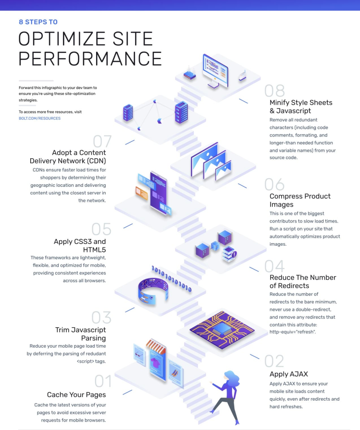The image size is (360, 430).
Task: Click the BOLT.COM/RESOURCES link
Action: (39, 118)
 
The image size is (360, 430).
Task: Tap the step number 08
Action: (274, 91)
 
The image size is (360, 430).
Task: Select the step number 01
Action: (103, 381)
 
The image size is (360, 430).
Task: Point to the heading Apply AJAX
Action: (289, 374)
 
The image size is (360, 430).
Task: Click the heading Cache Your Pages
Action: (76, 395)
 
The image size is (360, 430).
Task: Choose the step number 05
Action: (101, 230)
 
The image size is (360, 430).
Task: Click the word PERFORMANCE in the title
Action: (90, 58)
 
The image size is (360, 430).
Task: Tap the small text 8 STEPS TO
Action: (38, 22)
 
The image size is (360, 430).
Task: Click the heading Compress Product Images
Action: (300, 200)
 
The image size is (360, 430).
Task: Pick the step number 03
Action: (101, 318)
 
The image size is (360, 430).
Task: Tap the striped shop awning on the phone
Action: (156, 346)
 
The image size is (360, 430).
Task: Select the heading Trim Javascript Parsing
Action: (81, 334)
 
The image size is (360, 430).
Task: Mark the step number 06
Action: (274, 184)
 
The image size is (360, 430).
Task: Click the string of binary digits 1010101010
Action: (171, 278)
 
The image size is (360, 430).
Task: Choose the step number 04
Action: (274, 266)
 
